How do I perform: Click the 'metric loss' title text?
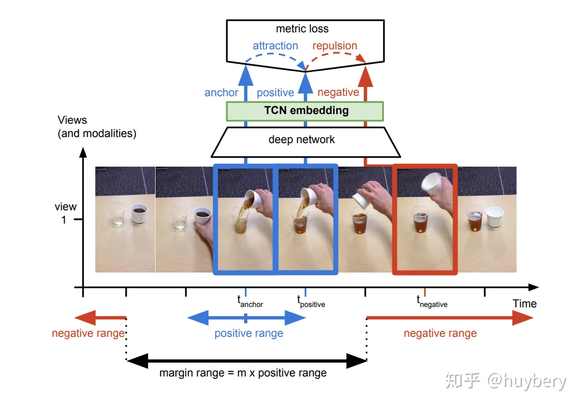coord(302,29)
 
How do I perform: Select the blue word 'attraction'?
coord(275,46)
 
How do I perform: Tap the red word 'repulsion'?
coord(335,46)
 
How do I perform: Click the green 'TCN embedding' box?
coord(305,111)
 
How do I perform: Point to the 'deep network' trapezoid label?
coord(302,140)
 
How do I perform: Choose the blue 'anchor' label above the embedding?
coord(221,93)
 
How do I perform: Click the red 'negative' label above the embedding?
coord(338,93)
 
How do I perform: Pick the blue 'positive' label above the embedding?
coord(275,93)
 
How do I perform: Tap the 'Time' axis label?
coord(524,304)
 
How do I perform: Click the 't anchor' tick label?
coord(250,302)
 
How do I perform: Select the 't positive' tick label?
coord(311,302)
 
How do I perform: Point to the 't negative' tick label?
coord(432,302)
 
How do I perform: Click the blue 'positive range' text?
coord(249,334)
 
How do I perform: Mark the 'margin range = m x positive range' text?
coord(243,373)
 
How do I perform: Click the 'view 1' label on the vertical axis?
coord(65,213)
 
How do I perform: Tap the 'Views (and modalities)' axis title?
coord(97,127)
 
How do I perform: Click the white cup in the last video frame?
coord(495,217)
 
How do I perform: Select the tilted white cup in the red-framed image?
coord(432,183)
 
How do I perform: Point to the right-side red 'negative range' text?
coord(440,334)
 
